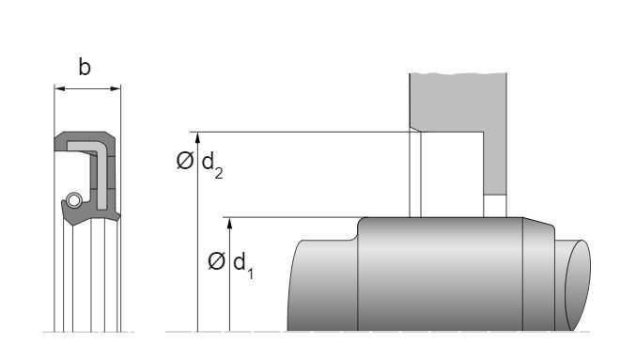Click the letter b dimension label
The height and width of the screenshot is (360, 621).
tap(85, 67)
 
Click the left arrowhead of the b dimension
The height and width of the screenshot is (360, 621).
tap(59, 88)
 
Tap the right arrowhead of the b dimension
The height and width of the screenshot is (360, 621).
tap(116, 88)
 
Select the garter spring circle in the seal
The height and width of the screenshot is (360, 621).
tap(73, 200)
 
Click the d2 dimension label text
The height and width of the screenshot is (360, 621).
tap(212, 164)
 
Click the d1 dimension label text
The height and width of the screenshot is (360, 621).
tap(243, 263)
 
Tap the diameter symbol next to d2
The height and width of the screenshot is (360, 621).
tap(185, 161)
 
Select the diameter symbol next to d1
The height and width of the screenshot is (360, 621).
tap(216, 261)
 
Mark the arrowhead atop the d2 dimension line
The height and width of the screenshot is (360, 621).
tap(197, 137)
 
